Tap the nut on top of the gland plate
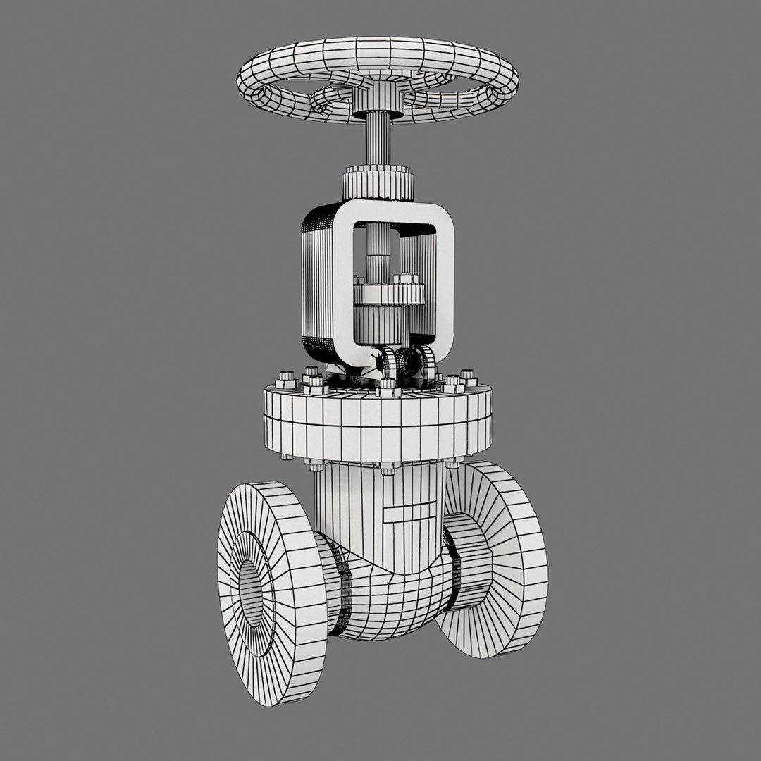[406, 278]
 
